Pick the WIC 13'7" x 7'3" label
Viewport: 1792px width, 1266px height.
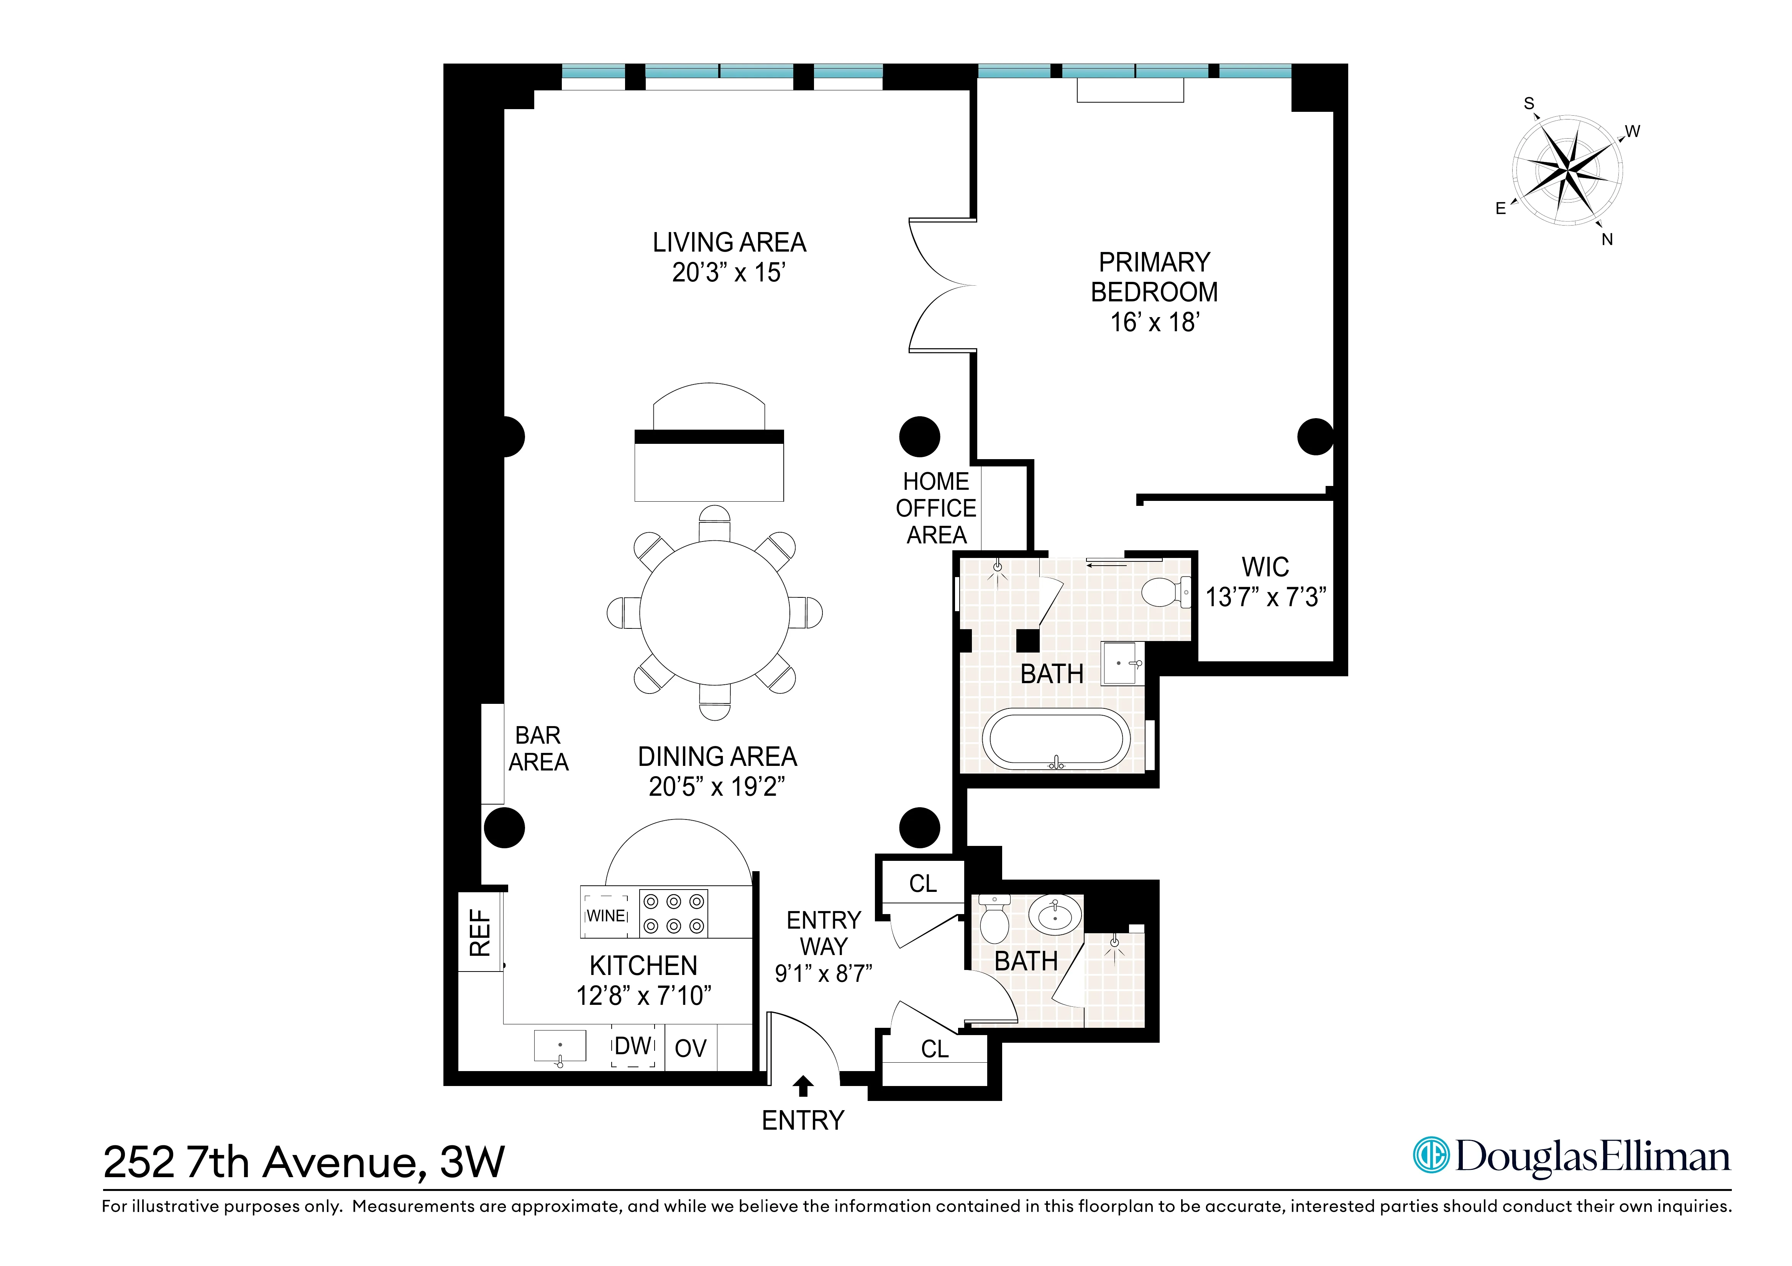coord(1265,582)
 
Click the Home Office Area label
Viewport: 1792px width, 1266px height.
coord(936,508)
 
